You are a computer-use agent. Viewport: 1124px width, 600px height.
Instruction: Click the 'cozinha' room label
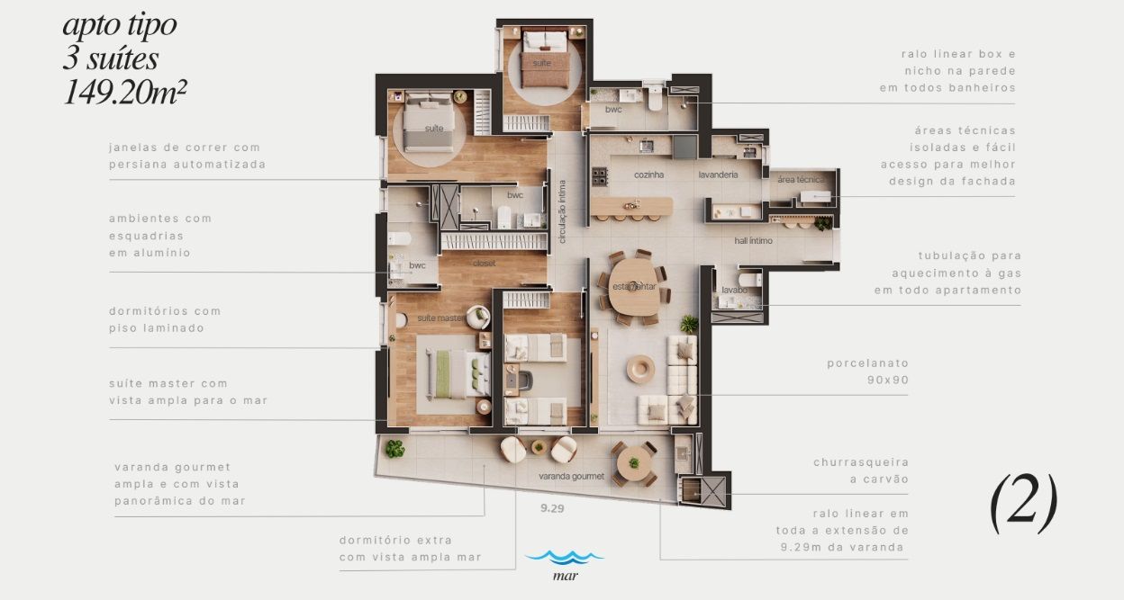click(x=648, y=175)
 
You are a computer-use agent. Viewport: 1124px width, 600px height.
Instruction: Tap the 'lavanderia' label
click(x=718, y=175)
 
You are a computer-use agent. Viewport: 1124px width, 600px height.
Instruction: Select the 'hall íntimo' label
click(x=753, y=240)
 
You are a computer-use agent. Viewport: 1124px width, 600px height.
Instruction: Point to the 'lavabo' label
click(x=734, y=290)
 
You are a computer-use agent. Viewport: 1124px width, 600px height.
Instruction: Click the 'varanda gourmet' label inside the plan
click(x=572, y=476)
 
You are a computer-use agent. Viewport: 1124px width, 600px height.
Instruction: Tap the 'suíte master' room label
click(x=441, y=318)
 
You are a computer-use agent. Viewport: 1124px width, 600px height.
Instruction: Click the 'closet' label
click(x=484, y=264)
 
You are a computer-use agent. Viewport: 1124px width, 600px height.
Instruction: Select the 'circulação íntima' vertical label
click(x=562, y=211)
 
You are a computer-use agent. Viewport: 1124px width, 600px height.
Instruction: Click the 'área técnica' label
click(x=801, y=179)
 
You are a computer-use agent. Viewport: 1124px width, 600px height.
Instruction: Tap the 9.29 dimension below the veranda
click(x=552, y=508)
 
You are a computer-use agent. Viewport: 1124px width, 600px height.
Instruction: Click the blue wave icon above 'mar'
click(x=565, y=557)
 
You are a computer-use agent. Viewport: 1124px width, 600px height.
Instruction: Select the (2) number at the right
click(x=1024, y=503)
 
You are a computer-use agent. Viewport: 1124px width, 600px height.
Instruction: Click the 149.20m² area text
click(x=125, y=93)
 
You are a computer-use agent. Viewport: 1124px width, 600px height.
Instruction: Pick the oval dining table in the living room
click(x=634, y=287)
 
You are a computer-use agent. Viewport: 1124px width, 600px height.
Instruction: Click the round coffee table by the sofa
click(x=640, y=369)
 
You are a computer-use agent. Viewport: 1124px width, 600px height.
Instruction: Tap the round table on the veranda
click(x=634, y=463)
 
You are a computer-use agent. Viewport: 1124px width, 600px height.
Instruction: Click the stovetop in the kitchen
click(x=600, y=176)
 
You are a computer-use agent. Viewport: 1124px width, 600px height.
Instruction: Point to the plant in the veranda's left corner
click(x=394, y=448)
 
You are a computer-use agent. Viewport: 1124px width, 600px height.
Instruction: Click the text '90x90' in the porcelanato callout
click(x=888, y=380)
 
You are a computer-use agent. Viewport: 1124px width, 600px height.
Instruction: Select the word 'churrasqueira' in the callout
click(x=861, y=462)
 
